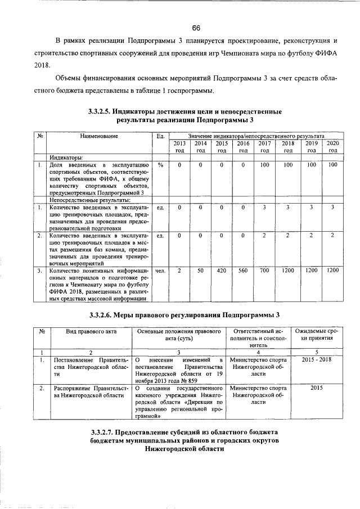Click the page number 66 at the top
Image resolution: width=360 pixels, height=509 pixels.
click(196, 29)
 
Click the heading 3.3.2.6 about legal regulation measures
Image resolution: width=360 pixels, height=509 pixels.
click(185, 314)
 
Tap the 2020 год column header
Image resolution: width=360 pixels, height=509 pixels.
click(332, 147)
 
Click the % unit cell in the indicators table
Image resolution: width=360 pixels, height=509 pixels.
click(160, 165)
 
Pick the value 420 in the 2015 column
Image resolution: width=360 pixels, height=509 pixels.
click(222, 271)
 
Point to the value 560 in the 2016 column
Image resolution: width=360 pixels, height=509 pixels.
click(243, 271)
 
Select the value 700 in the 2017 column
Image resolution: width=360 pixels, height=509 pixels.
click(264, 271)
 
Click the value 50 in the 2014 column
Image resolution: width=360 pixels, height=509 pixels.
click(200, 271)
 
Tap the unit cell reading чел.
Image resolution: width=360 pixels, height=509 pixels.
click(160, 271)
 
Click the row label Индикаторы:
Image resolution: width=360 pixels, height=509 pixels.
click(66, 158)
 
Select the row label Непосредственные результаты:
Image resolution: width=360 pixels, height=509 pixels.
click(90, 200)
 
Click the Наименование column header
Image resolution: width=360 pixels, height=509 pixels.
click(99, 137)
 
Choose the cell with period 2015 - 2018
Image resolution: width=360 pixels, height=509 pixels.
click(317, 359)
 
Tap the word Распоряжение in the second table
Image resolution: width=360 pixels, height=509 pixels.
click(74, 388)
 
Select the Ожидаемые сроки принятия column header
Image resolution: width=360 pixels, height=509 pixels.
click(317, 336)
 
